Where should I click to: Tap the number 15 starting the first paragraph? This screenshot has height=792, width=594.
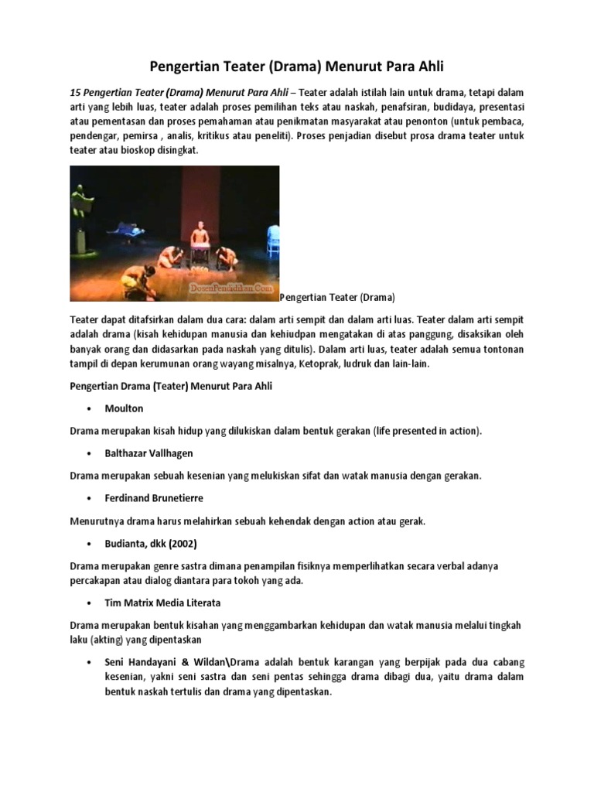[75, 92]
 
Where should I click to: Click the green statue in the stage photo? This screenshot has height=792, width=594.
[80, 203]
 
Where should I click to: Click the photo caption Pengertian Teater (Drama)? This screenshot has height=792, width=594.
[337, 297]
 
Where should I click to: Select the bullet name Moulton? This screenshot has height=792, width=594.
[124, 408]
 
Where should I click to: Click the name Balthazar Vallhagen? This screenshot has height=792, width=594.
[148, 453]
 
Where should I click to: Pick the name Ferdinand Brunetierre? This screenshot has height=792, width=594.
[154, 498]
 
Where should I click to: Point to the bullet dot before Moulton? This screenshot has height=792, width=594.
[90, 408]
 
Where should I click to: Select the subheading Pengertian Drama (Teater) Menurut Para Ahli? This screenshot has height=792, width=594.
[171, 385]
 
